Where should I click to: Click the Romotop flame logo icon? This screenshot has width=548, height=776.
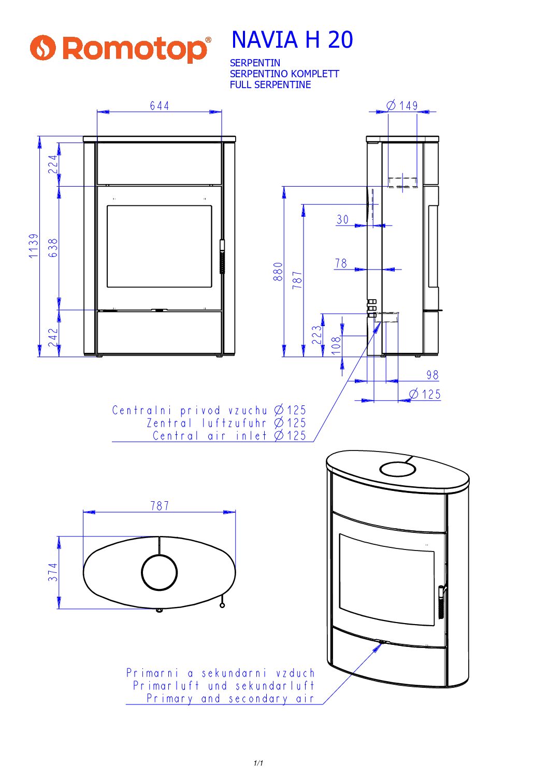click(x=42, y=48)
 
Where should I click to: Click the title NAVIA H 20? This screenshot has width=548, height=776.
click(x=292, y=39)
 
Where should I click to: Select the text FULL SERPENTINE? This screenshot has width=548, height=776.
click(x=270, y=84)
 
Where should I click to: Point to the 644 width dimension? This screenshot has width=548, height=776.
click(x=160, y=106)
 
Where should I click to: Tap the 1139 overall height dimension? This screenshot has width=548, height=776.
click(x=34, y=246)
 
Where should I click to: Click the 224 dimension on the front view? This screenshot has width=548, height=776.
click(x=53, y=164)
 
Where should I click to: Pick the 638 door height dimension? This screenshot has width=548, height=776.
click(x=53, y=248)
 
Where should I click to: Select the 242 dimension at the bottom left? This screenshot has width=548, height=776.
click(x=53, y=338)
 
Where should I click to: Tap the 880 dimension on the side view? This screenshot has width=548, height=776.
click(x=278, y=271)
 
